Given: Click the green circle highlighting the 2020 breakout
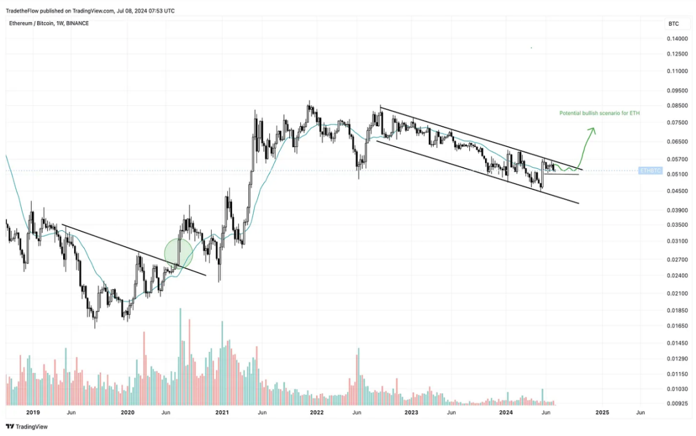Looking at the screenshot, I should click(178, 252).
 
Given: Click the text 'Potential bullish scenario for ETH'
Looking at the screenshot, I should click(599, 113).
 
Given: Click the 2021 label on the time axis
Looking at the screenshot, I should click(222, 413).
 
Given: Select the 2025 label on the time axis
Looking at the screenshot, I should click(602, 413).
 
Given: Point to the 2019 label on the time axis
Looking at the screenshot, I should click(32, 413).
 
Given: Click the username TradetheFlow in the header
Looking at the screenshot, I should click(23, 11).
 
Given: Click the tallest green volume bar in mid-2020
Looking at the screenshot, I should click(180, 356).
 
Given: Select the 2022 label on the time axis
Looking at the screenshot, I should click(317, 413).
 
